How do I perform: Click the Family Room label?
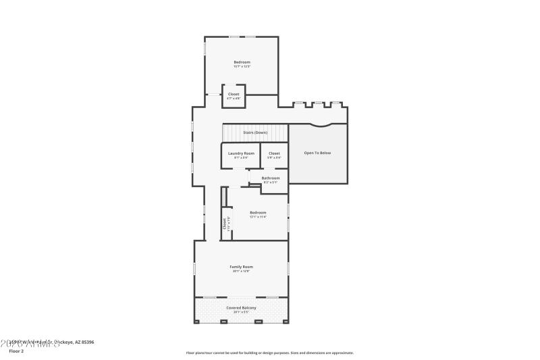click(241, 267)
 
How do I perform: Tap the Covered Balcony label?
click(241, 308)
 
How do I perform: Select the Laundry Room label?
click(241, 153)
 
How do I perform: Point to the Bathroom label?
click(271, 178)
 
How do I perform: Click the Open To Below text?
click(317, 153)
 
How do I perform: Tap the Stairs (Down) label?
click(255, 132)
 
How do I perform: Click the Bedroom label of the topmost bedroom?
click(242, 62)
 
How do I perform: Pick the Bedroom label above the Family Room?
click(258, 213)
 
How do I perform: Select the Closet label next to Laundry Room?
click(274, 153)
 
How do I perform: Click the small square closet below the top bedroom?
click(234, 96)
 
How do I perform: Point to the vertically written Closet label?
click(225, 223)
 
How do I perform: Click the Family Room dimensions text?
click(241, 272)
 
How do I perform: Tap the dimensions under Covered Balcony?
click(241, 313)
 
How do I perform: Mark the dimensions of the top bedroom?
click(242, 66)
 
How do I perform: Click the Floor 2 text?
click(17, 351)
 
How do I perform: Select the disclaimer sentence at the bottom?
click(269, 353)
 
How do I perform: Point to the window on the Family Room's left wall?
click(194, 268)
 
